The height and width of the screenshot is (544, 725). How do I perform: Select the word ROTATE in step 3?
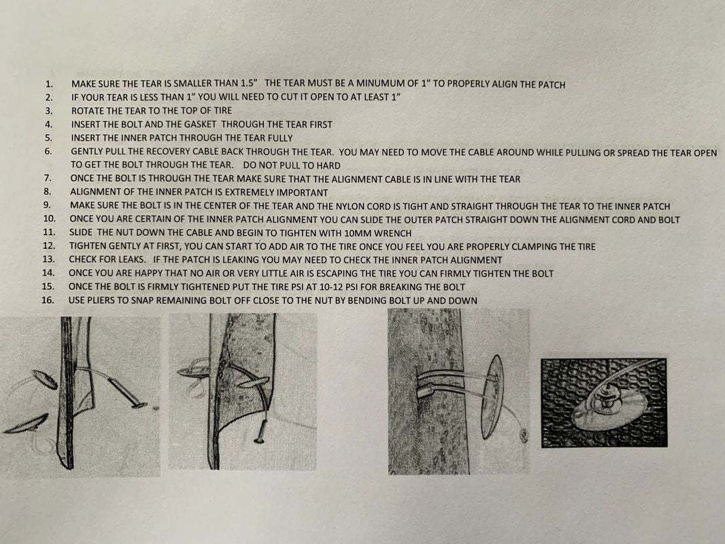(x=86, y=111)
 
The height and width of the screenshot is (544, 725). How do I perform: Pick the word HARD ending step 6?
(x=328, y=165)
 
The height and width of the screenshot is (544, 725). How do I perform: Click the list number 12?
(x=48, y=246)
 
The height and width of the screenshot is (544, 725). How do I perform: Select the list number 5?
(x=49, y=138)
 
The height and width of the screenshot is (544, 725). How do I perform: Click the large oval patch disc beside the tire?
(x=492, y=396)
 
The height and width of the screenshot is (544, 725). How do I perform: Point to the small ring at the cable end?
(x=524, y=434)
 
